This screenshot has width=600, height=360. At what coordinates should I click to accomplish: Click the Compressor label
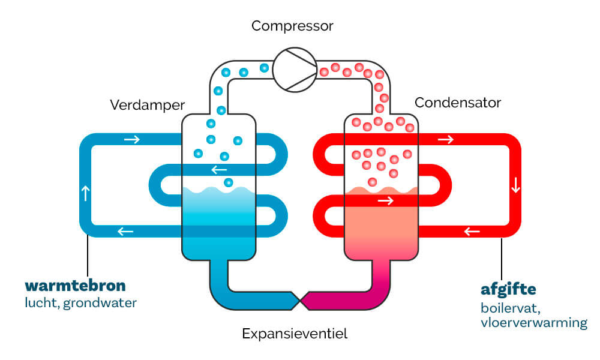click(x=292, y=26)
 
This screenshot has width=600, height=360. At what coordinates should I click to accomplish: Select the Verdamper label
click(x=148, y=105)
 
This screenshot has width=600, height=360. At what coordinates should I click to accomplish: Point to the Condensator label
click(x=458, y=103)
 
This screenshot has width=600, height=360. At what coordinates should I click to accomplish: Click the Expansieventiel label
click(x=295, y=334)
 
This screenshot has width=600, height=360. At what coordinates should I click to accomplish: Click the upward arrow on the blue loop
click(x=85, y=193)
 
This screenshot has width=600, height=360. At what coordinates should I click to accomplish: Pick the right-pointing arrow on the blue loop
click(x=132, y=140)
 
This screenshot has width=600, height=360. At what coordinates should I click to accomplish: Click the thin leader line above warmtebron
click(x=89, y=255)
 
